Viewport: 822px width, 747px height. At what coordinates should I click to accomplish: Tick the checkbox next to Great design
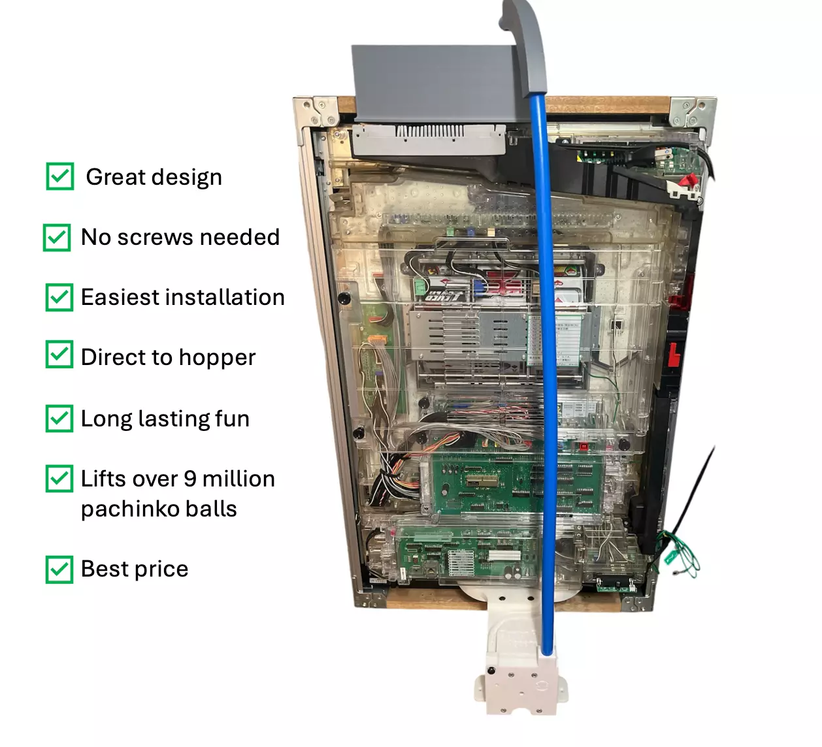[60, 176]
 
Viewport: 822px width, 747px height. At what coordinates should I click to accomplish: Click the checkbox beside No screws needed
[57, 237]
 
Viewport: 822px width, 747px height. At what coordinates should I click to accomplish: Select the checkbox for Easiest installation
[59, 297]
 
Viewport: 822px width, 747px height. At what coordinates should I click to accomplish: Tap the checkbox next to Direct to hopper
[59, 355]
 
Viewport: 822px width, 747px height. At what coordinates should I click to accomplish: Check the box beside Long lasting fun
[59, 419]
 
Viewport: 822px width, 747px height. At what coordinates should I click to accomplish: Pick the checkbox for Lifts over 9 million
[59, 479]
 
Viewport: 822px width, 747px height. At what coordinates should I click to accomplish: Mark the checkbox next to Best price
[59, 569]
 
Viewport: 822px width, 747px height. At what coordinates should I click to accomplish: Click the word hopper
[217, 358]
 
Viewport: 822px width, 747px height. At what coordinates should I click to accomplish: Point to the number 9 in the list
[189, 479]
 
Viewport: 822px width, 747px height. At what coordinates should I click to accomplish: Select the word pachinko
[123, 509]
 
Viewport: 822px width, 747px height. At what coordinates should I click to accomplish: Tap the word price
[162, 569]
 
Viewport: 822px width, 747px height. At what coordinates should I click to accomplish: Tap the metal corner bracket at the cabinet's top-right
[691, 112]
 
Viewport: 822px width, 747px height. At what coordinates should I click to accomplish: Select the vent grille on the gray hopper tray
[431, 132]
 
